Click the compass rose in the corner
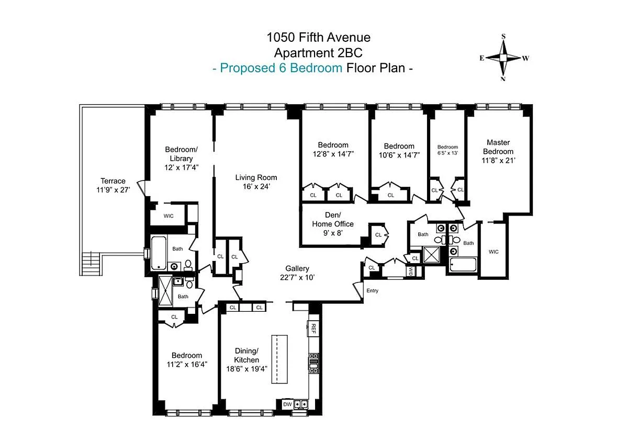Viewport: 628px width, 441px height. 503,58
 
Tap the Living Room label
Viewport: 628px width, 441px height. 256,182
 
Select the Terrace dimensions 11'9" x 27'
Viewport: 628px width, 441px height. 113,190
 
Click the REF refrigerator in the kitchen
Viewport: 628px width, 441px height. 313,329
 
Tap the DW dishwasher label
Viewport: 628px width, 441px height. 287,404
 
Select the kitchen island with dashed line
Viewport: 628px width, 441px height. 279,359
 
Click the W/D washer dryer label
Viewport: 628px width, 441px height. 411,271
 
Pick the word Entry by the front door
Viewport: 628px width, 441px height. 372,290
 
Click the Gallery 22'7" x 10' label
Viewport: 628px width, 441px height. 297,273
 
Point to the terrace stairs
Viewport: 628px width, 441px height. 91,263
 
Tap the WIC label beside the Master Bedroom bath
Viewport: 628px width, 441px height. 494,252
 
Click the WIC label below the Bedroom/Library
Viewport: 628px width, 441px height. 169,216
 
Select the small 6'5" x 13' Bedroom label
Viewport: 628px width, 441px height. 447,150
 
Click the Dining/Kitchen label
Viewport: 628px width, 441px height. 246,360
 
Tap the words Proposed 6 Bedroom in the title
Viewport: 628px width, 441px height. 281,68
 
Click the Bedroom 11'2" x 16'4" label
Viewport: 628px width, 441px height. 187,360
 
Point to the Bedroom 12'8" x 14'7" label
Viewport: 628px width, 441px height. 333,149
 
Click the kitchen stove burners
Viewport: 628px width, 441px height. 313,364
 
